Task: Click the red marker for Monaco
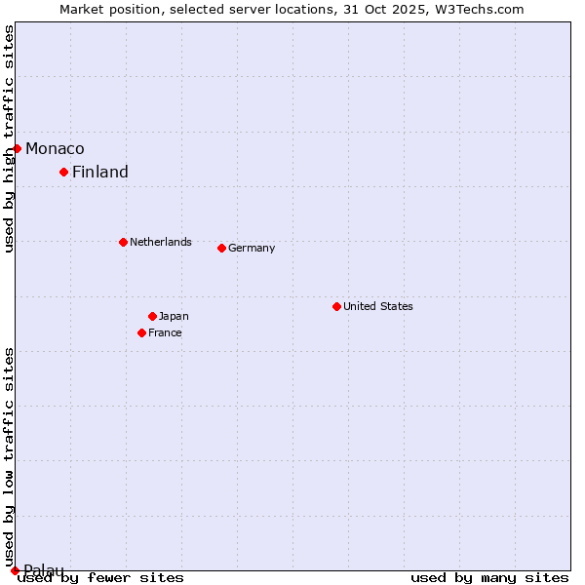[17, 148]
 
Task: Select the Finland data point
[63, 172]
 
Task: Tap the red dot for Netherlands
[123, 242]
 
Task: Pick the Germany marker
[221, 248]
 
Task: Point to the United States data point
[336, 306]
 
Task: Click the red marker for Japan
[152, 316]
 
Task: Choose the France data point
[141, 332]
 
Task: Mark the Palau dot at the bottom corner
[15, 570]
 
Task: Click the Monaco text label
[55, 148]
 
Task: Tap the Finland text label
[100, 172]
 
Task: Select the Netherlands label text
[161, 242]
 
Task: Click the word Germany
[252, 248]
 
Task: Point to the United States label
[378, 306]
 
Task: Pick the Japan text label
[174, 316]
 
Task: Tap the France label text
[165, 332]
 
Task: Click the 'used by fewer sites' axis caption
[101, 577]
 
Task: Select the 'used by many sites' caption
[489, 577]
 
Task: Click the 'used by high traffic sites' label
[9, 138]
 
